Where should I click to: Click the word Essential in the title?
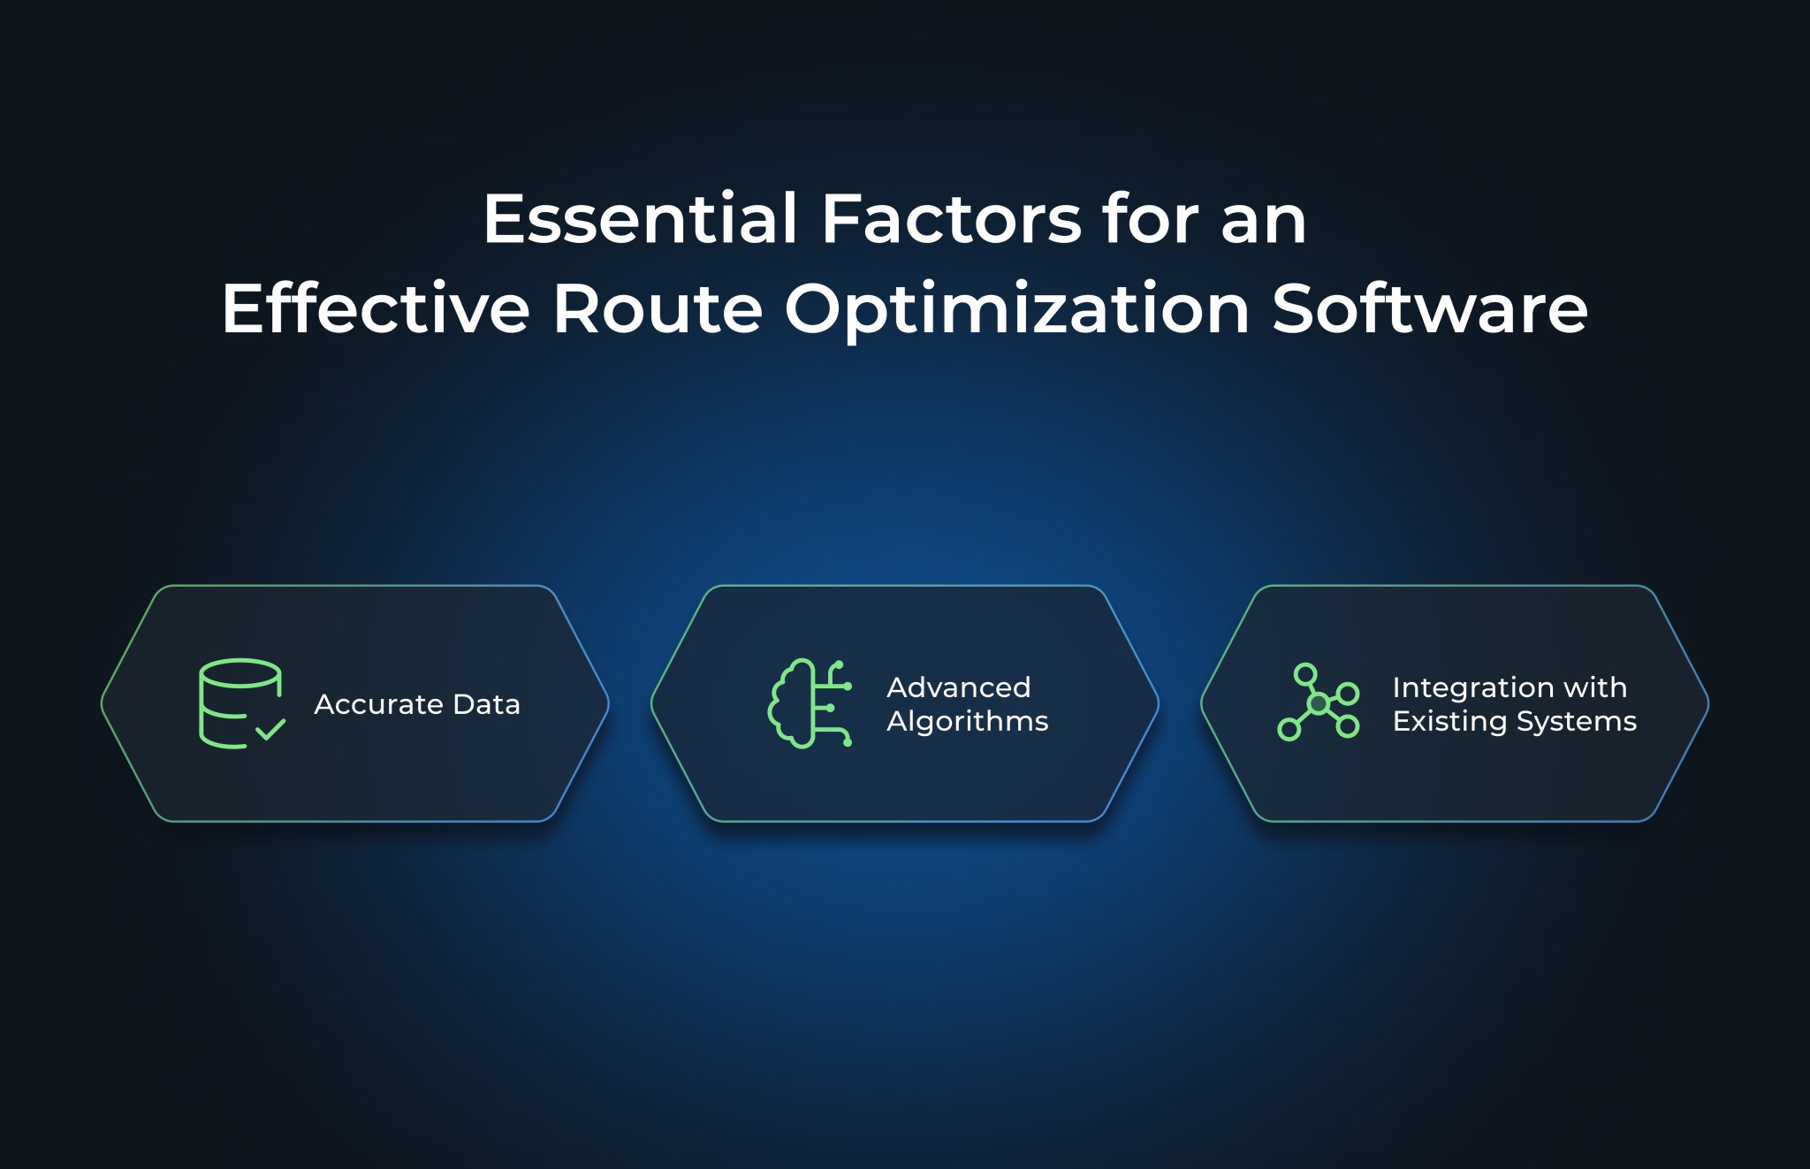point(640,219)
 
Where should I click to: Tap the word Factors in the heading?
point(951,219)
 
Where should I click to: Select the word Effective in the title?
point(376,309)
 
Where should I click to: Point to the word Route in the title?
point(658,309)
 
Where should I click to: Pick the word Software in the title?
point(1429,309)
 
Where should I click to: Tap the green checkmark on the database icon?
point(270,730)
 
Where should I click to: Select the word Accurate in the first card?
point(378,704)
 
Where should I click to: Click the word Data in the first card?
point(486,704)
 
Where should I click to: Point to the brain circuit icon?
point(810,703)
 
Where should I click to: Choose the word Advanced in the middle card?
point(958,687)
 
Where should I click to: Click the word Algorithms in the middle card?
point(967,721)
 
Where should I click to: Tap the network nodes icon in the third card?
point(1318,702)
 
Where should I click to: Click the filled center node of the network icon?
point(1318,703)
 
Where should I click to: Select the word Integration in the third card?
point(1472,687)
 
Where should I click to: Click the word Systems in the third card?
point(1576,722)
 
